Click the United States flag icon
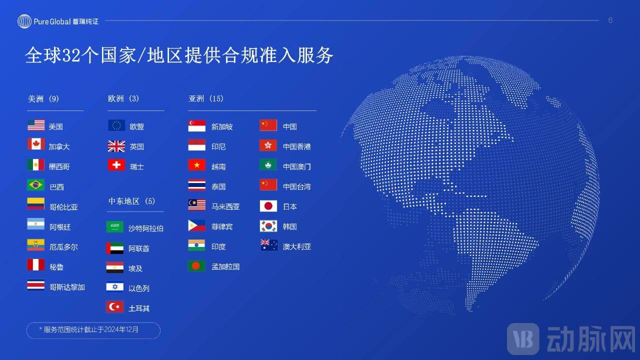click(36, 125)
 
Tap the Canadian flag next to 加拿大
click(36, 145)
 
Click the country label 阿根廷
click(60, 227)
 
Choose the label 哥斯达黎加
click(67, 287)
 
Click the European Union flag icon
click(116, 125)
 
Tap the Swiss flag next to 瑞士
click(116, 165)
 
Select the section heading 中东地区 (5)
click(132, 201)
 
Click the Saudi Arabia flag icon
click(115, 227)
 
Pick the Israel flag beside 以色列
click(115, 287)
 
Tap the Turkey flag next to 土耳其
click(115, 307)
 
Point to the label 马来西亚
click(225, 206)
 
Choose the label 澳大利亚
click(297, 246)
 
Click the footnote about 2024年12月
click(93, 330)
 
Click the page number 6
click(610, 20)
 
